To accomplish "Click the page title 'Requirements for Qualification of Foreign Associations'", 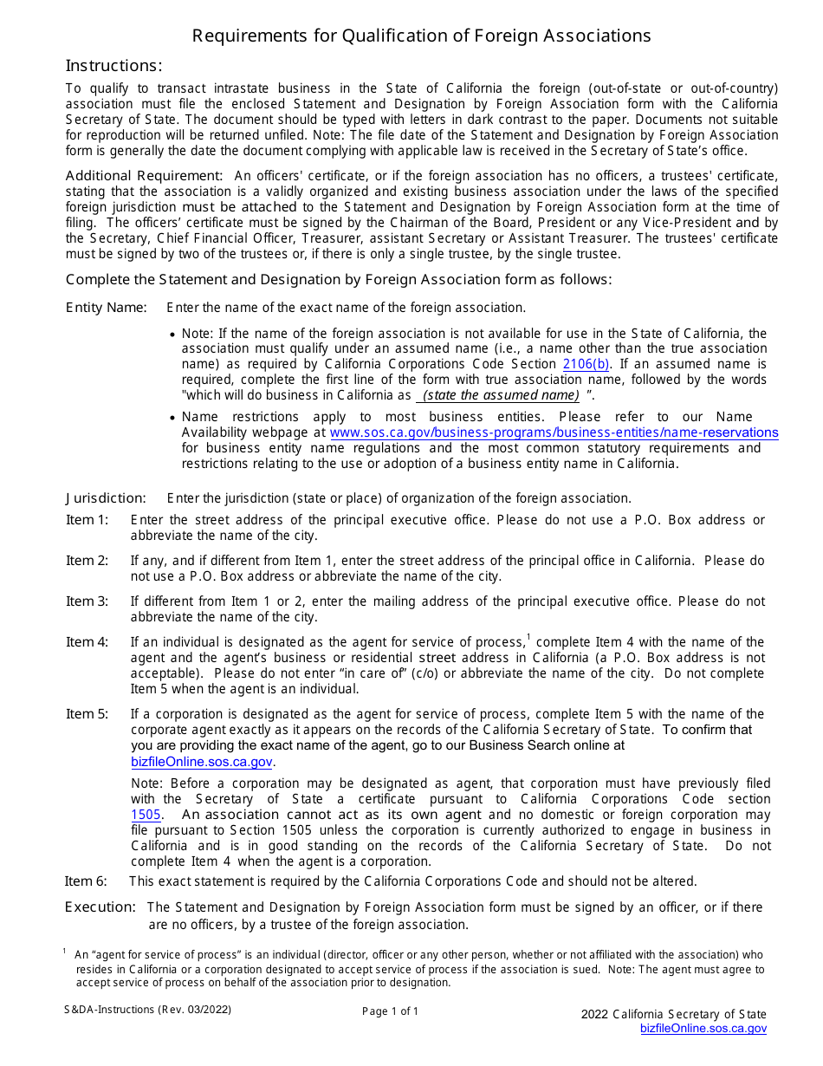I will [421, 36].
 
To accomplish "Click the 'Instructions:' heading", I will [113, 66].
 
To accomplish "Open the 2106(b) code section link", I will [586, 364].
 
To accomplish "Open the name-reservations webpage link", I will [554, 432].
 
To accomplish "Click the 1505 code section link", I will [146, 815].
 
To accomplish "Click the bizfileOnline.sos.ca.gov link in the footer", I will [703, 1029].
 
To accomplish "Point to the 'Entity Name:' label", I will [106, 308].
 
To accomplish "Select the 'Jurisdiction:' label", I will [106, 498].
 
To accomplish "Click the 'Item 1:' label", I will [87, 520].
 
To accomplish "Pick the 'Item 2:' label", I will [87, 561].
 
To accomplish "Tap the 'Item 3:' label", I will [87, 601].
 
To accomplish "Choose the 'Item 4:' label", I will [87, 642].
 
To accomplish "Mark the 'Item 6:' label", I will [87, 881].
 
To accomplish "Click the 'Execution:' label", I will [100, 907].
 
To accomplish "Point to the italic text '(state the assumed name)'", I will [501, 395].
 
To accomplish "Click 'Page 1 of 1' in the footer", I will [390, 1011].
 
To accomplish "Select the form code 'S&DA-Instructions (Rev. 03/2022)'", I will [147, 1010].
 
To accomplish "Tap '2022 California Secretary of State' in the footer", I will [673, 1015].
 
